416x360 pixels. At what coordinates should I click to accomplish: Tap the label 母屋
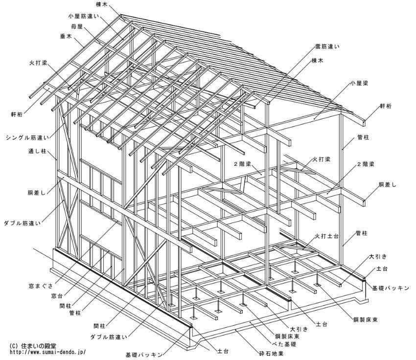[77, 26]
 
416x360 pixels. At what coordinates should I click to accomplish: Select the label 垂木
[66, 37]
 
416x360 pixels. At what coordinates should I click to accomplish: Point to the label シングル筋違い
[27, 137]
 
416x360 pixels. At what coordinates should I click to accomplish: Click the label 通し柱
[37, 151]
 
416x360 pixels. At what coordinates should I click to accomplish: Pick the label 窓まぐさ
[41, 286]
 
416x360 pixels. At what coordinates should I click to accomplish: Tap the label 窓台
[57, 296]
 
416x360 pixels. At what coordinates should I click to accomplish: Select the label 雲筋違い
[327, 47]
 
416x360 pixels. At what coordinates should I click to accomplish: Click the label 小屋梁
[359, 83]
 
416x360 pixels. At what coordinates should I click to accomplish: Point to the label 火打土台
[326, 236]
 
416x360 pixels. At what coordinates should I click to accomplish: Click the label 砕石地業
[272, 354]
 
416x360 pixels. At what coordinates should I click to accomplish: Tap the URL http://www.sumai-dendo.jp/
[48, 352]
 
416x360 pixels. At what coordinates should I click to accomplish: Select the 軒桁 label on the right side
[386, 106]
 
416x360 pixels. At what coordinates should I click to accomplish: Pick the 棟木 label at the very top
[102, 4]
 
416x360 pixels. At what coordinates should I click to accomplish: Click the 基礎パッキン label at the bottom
[144, 355]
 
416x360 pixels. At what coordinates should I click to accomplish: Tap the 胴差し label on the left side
[37, 193]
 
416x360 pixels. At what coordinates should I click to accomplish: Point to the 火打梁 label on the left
[38, 63]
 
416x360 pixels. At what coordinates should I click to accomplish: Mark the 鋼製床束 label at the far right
[365, 320]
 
